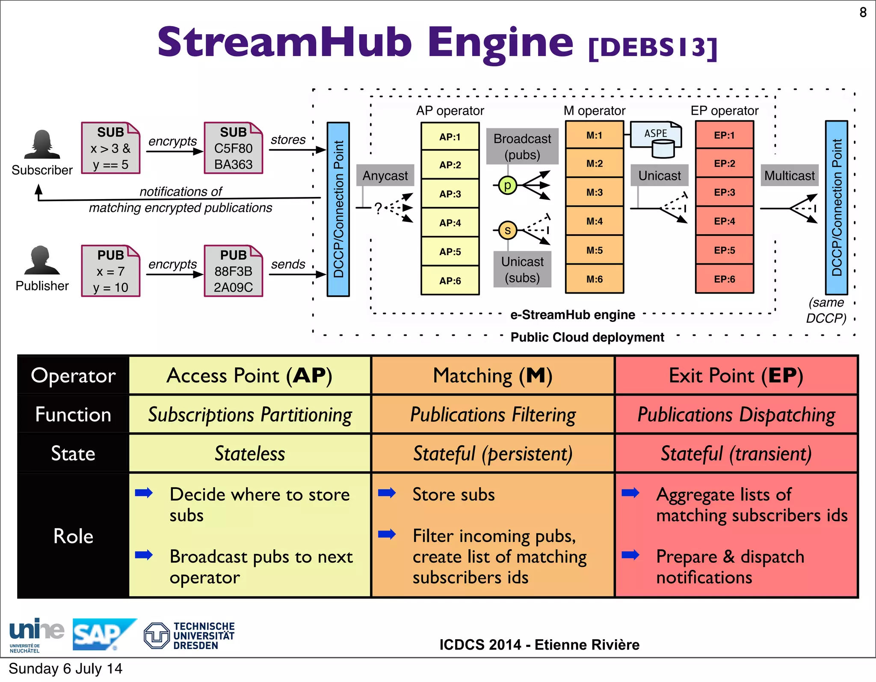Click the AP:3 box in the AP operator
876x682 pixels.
pos(450,194)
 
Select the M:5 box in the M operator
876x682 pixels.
pos(594,250)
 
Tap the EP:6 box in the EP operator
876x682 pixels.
pos(724,279)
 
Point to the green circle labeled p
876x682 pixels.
pos(507,185)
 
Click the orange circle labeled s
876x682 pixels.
pos(507,230)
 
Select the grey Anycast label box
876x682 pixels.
pos(385,176)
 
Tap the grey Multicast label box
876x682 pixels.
pos(789,176)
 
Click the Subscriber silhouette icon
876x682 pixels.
pos(42,145)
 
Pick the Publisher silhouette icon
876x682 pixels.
pos(42,261)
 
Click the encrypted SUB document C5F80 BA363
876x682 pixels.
pos(233,148)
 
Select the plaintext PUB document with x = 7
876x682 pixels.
pos(110,271)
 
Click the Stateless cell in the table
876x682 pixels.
pos(249,453)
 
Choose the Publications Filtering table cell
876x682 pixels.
pos(493,414)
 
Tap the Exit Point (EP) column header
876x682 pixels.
pos(736,375)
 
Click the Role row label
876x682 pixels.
pos(73,536)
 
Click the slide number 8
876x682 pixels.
pos(863,12)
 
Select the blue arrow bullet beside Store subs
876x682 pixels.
pos(387,493)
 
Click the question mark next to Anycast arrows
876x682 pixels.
pos(378,208)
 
